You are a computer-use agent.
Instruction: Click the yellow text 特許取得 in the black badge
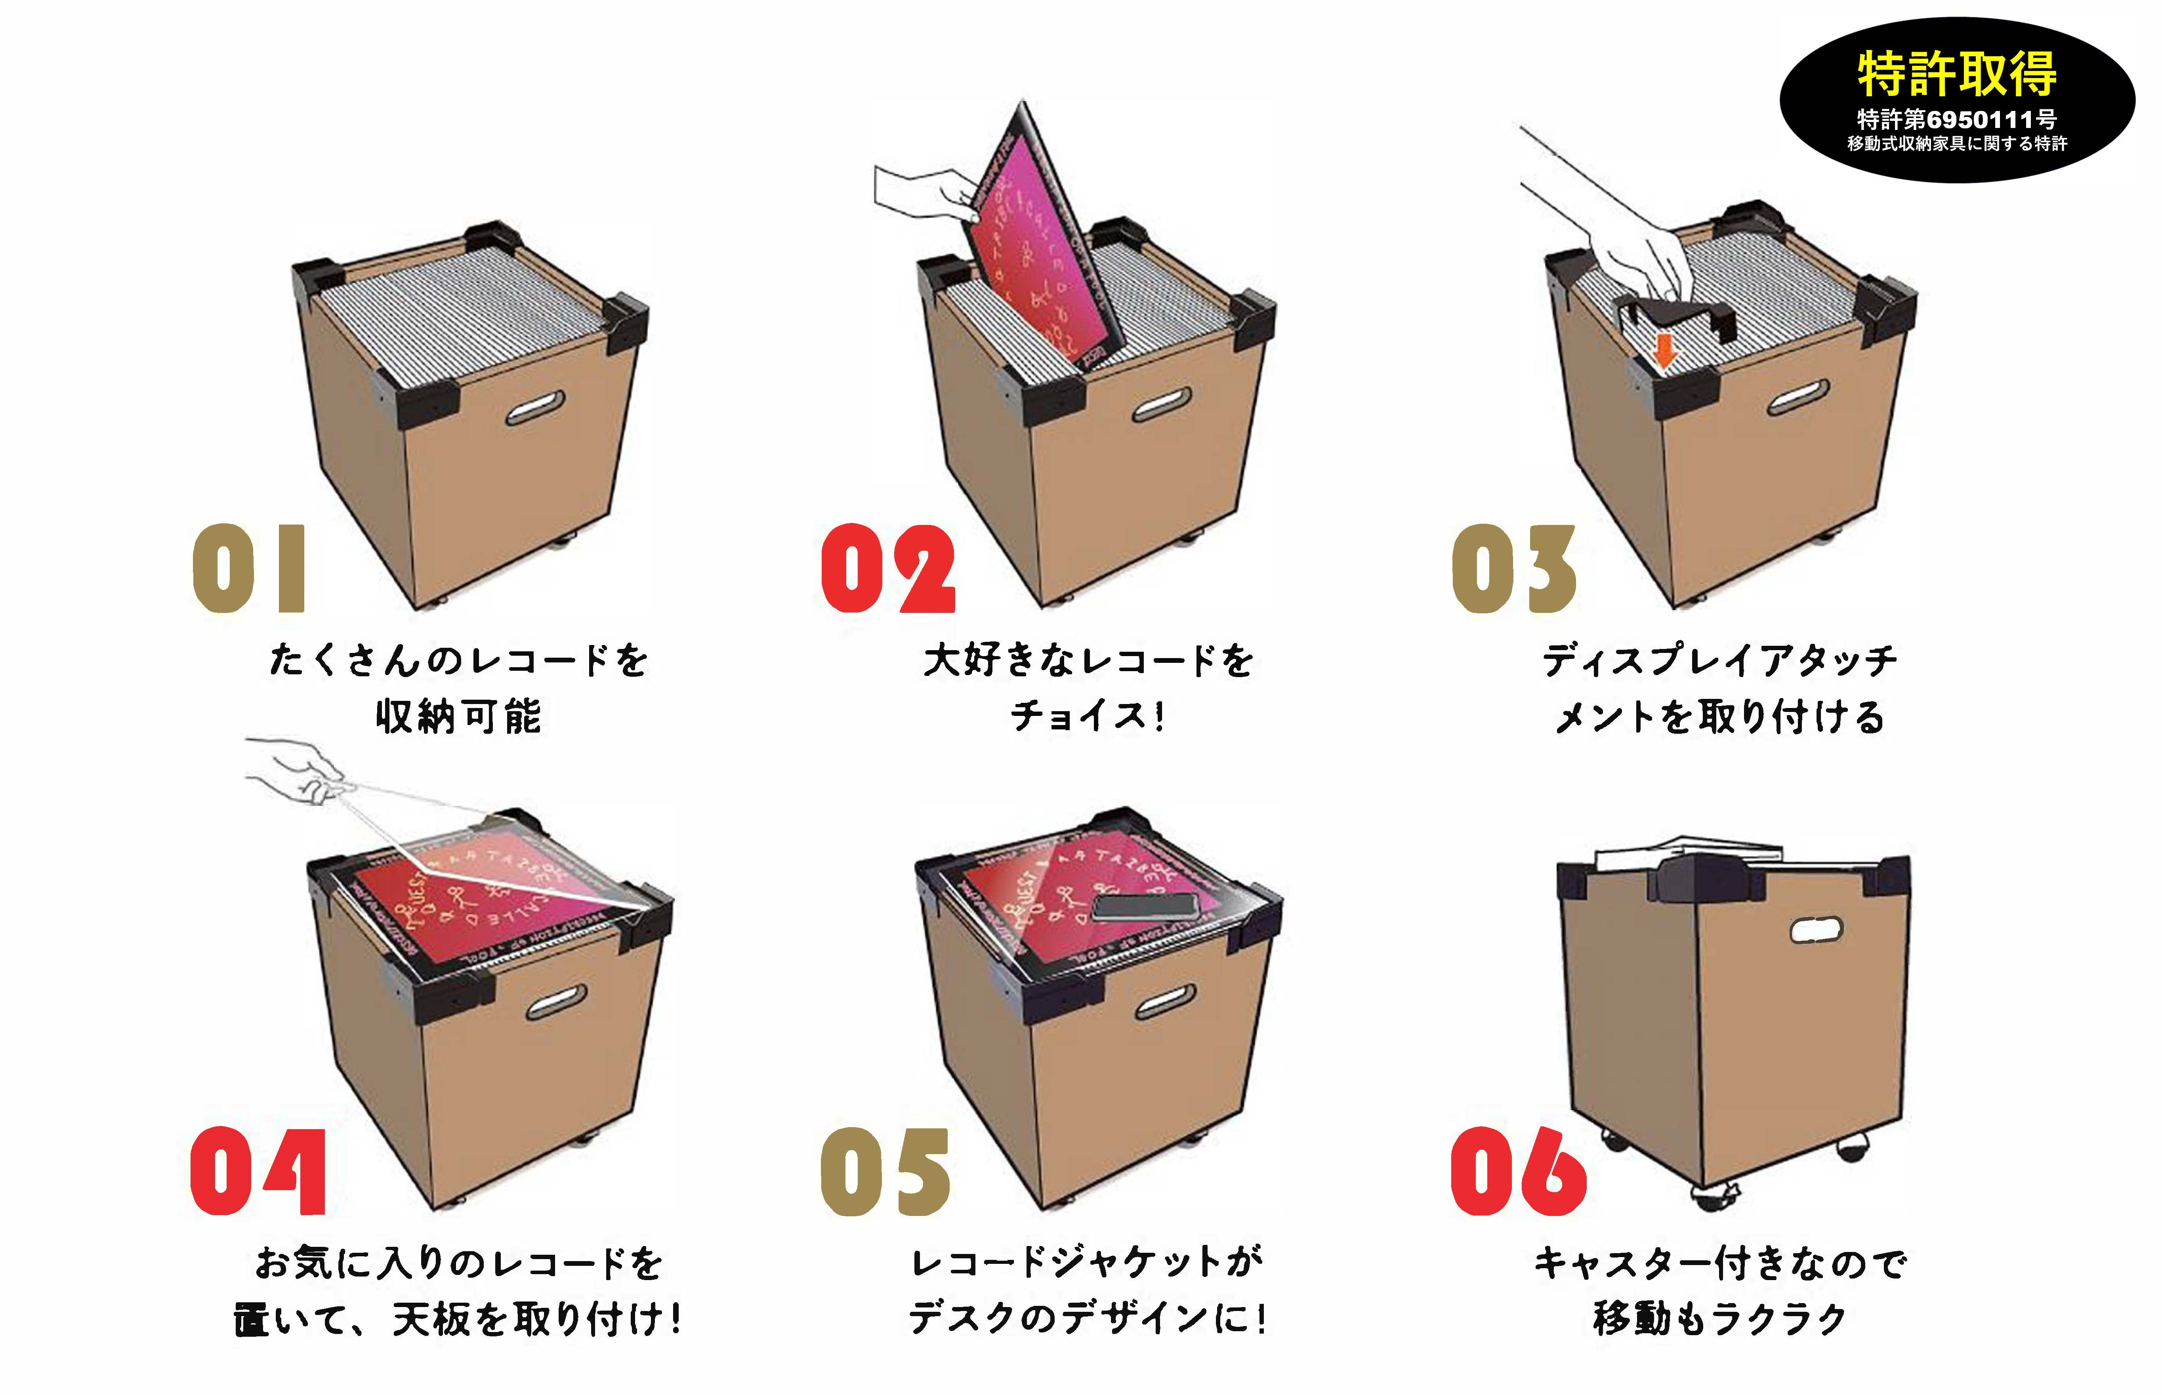tap(1956, 74)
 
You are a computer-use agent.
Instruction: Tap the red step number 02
tap(887, 569)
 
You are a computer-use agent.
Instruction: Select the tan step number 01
tap(249, 569)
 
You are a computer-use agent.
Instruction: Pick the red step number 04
tap(258, 1171)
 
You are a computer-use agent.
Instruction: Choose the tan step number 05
tap(885, 1171)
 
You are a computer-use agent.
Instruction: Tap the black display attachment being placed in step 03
tap(1675, 313)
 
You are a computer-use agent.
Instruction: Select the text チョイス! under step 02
tap(1087, 716)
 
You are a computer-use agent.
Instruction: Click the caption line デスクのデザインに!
tap(1087, 1318)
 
